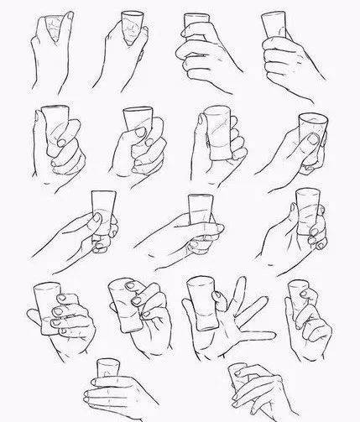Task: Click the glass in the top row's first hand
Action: (53, 25)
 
